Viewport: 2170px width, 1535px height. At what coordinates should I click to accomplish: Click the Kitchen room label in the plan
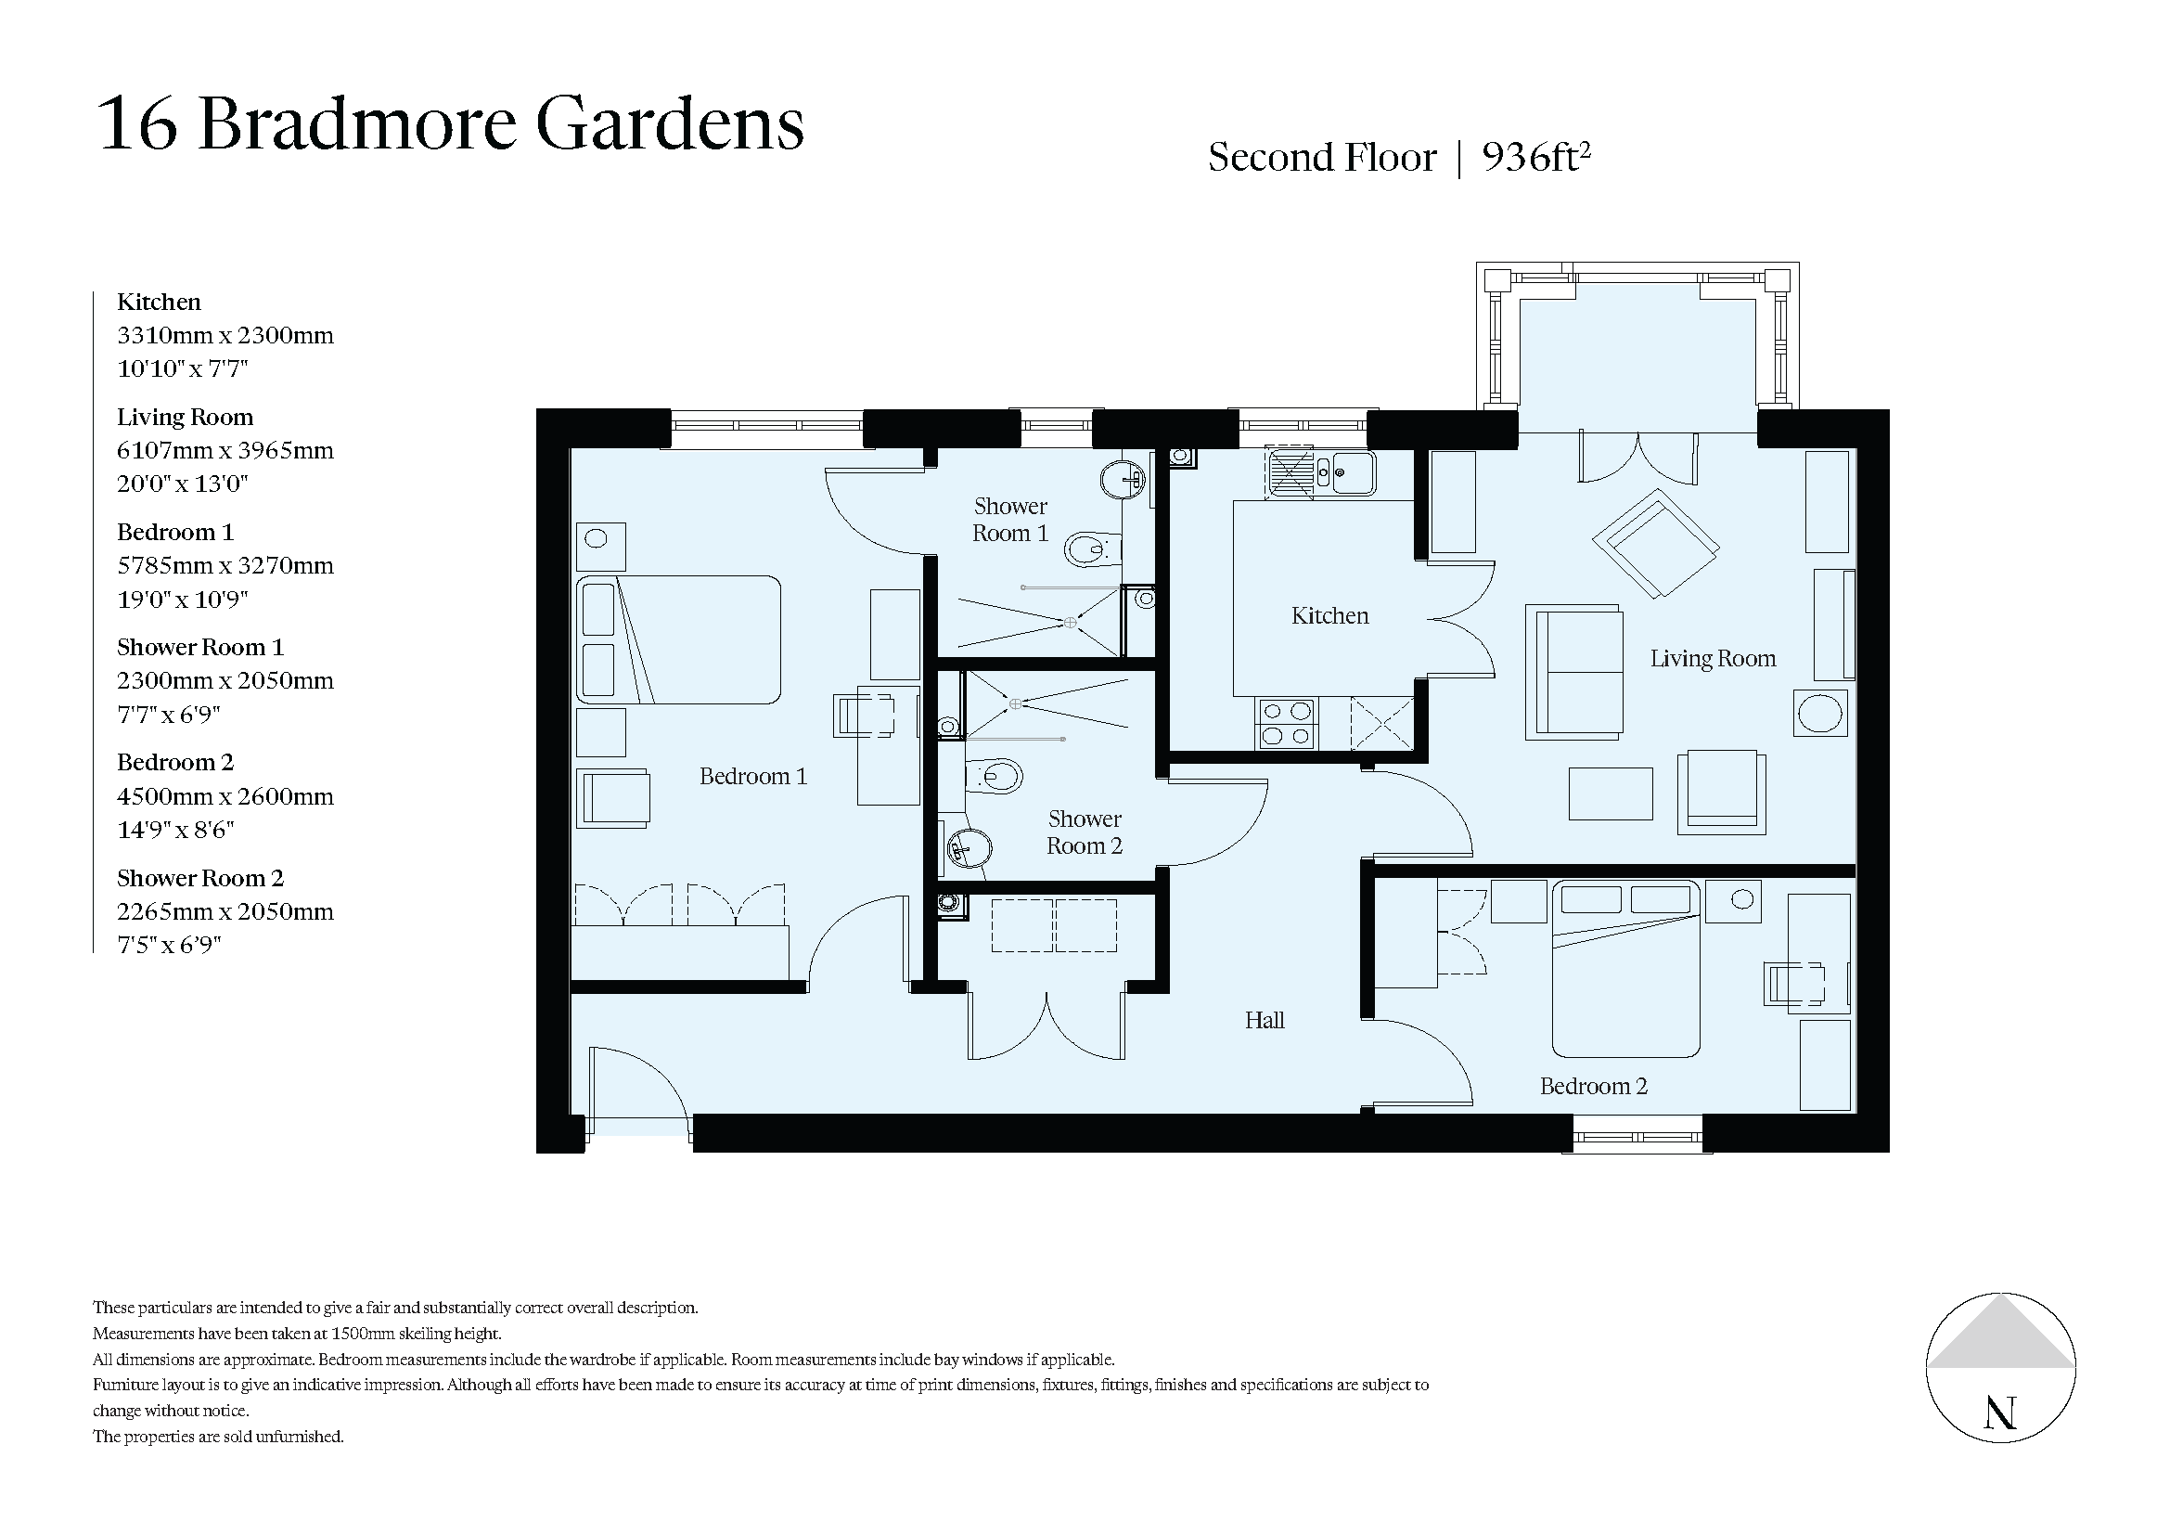tap(1329, 616)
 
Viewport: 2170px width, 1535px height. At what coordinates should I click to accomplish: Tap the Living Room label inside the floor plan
tap(1713, 659)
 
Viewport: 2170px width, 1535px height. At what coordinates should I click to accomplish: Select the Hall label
tap(1264, 1020)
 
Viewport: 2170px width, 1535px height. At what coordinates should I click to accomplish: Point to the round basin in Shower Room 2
tap(969, 848)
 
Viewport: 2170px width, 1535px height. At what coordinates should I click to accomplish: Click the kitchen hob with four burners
tap(1286, 723)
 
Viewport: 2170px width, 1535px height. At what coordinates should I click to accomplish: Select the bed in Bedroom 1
tap(678, 640)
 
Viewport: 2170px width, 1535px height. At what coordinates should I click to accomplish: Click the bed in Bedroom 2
tap(1625, 968)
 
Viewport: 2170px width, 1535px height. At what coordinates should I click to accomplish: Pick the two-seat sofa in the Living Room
tap(1574, 672)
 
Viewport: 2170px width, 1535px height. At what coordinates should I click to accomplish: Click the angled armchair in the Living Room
tap(1656, 543)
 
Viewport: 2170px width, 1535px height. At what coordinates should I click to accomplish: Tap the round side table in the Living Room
tap(1819, 714)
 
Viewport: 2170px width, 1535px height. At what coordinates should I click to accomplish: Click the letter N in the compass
tap(2000, 1414)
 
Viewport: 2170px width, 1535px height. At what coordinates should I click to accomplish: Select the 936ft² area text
tap(1535, 157)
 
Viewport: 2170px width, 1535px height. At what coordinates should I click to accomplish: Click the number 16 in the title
tap(137, 123)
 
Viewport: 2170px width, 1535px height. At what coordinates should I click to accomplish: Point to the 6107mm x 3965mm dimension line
tap(225, 451)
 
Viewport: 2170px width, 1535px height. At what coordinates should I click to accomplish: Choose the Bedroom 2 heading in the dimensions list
tap(174, 763)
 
